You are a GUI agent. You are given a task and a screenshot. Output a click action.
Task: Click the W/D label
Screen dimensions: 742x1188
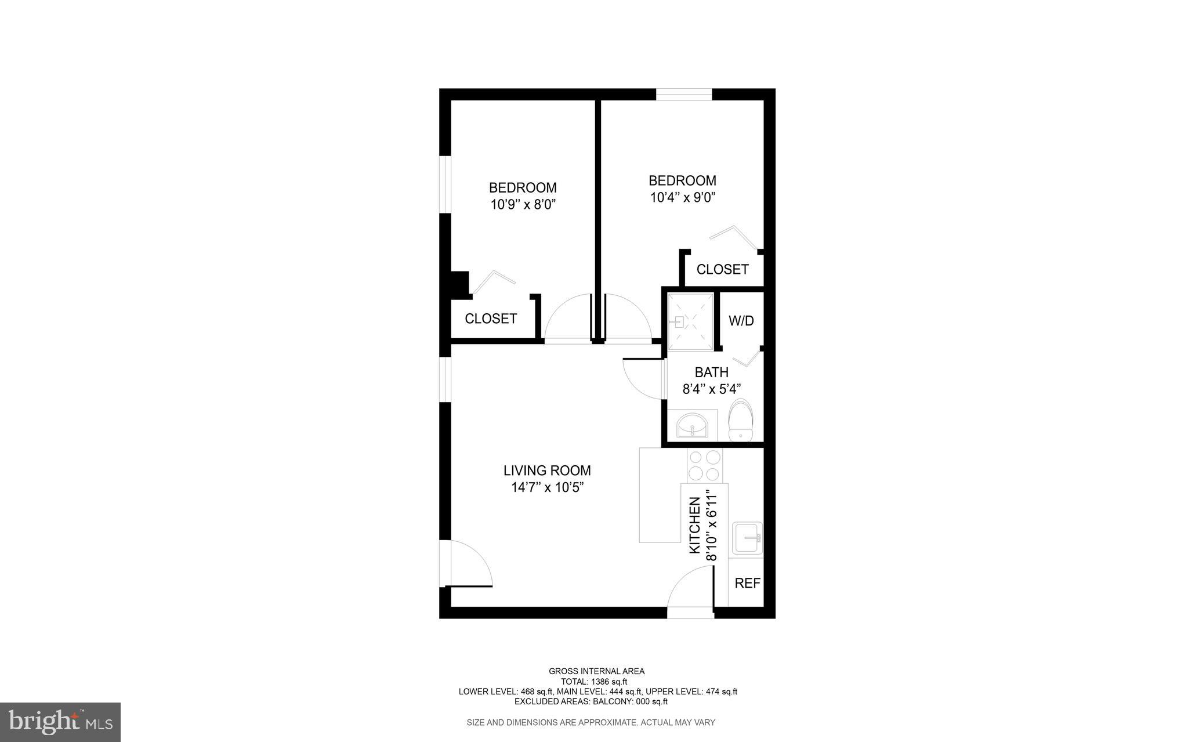click(741, 321)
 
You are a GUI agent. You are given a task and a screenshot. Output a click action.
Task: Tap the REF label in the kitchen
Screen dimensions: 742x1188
click(747, 584)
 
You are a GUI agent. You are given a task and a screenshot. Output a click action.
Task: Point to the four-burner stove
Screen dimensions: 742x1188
click(704, 466)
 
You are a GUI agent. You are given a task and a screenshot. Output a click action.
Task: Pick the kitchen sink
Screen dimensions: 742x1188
click(747, 538)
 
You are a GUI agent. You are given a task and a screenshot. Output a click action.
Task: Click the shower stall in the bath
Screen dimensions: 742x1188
click(690, 321)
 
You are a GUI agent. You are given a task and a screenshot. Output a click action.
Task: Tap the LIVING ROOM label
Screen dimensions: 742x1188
click(547, 470)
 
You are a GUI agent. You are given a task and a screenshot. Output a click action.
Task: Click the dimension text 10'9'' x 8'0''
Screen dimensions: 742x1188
click(523, 204)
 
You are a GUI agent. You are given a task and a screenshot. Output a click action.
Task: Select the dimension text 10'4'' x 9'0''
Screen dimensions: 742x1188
click(682, 197)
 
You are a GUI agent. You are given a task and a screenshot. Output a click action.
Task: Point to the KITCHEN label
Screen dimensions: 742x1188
click(694, 526)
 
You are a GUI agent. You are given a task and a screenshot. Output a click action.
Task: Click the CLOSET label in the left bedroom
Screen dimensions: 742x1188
click(491, 318)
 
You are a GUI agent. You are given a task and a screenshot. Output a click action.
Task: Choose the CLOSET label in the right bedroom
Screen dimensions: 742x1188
click(722, 269)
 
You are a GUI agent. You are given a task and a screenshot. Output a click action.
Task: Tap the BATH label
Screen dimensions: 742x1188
click(711, 372)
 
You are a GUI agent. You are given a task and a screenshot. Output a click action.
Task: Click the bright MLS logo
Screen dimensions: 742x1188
click(60, 722)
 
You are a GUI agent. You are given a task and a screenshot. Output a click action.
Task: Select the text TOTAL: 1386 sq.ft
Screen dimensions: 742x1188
click(593, 682)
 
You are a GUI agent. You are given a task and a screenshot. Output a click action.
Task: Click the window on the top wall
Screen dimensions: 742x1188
click(683, 94)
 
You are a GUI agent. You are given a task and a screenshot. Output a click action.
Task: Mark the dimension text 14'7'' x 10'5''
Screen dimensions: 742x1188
click(546, 487)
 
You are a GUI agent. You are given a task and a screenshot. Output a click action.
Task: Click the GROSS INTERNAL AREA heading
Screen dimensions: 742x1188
click(596, 671)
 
